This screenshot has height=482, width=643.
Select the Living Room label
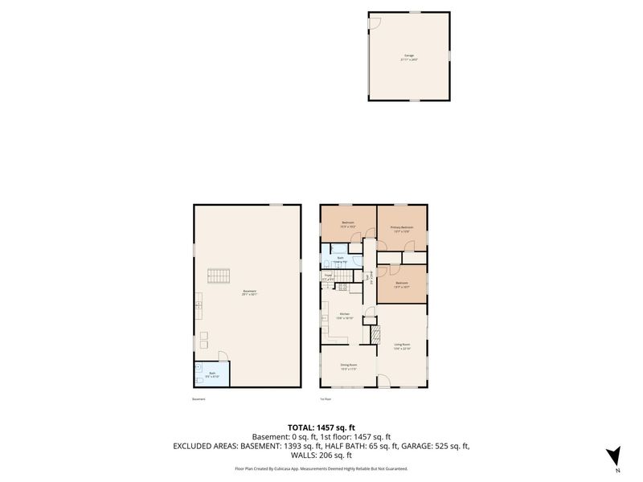pyautogui.click(x=402, y=346)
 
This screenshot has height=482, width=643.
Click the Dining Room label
pyautogui.click(x=348, y=366)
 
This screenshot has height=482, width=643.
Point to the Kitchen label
pyautogui.click(x=344, y=316)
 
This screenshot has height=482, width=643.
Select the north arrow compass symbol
pyautogui.click(x=614, y=455)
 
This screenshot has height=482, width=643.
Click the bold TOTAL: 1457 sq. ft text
pyautogui.click(x=321, y=427)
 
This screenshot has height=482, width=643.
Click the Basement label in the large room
pyautogui.click(x=249, y=292)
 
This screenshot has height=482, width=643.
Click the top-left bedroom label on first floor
pyautogui.click(x=348, y=224)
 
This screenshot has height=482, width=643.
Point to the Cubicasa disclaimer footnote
pyautogui.click(x=321, y=468)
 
